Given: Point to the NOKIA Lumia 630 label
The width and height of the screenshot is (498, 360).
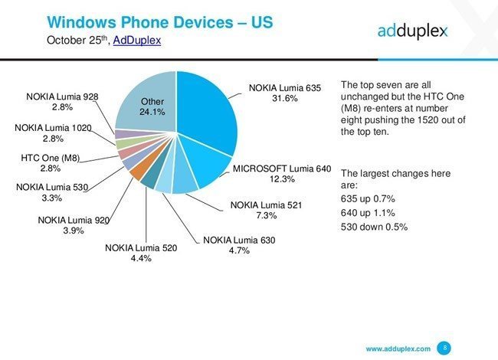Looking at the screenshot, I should click(239, 241).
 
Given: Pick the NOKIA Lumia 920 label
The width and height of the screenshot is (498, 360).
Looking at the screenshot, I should click(75, 221).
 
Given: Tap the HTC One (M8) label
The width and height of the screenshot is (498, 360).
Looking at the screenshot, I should click(51, 159).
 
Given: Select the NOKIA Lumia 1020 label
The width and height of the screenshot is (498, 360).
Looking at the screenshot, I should click(54, 127).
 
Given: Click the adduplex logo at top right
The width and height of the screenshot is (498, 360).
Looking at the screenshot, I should click(412, 31).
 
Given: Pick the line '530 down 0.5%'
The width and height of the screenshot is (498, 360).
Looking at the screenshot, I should click(375, 227).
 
